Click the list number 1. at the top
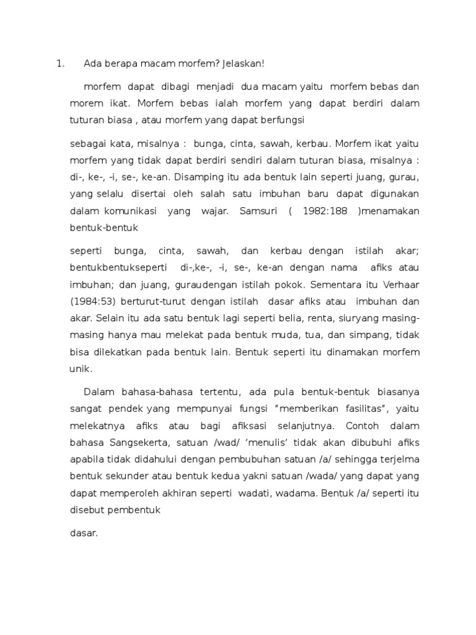60,63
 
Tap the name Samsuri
253,211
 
